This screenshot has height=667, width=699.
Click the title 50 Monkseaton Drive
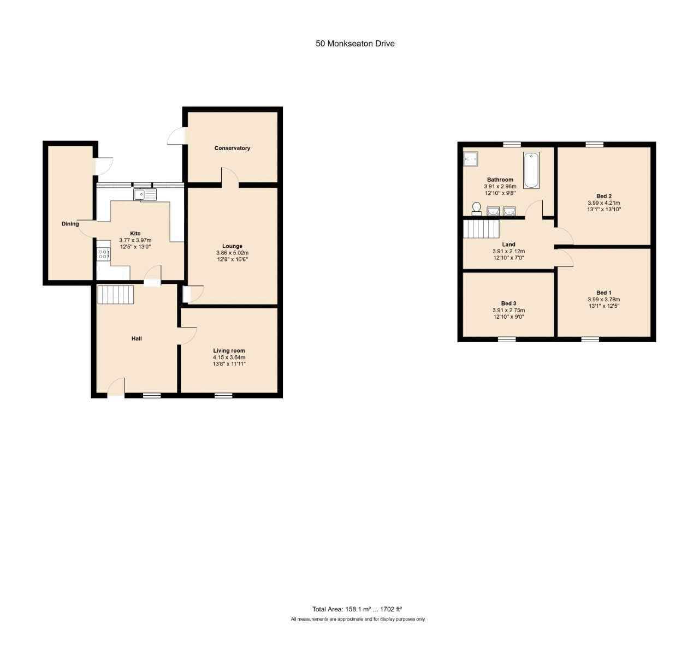click(355, 44)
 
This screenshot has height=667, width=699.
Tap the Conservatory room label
click(232, 148)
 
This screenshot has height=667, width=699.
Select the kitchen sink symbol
click(145, 194)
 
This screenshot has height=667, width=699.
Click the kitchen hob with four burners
click(103, 254)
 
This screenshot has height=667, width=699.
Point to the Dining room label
click(70, 224)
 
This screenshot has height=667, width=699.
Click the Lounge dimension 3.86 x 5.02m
click(233, 253)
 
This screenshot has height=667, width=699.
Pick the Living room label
click(229, 350)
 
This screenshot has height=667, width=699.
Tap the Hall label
click(137, 338)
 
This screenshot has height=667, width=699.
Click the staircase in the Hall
click(115, 294)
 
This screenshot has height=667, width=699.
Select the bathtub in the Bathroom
click(531, 170)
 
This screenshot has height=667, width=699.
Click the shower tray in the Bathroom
click(471, 158)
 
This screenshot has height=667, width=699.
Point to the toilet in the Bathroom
click(476, 209)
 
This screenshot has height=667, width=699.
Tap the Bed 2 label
click(604, 196)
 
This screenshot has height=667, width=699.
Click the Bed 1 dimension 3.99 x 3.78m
click(604, 300)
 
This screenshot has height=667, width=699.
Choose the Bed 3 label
click(508, 303)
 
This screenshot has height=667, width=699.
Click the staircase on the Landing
click(481, 229)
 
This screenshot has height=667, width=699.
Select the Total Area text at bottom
click(357, 609)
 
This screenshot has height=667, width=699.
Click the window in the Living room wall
click(223, 395)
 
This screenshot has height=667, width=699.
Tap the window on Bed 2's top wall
click(595, 144)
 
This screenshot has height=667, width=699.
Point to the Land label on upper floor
click(508, 245)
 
